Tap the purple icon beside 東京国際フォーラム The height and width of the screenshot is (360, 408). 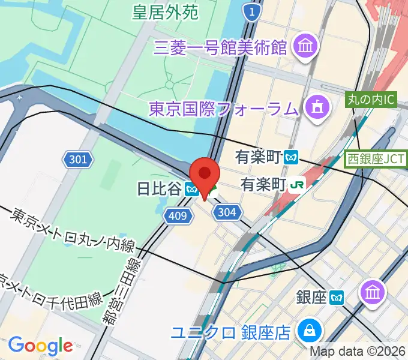click(x=315, y=108)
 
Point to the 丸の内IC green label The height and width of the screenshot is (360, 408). click(x=371, y=100)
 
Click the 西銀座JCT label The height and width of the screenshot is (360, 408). click(x=374, y=160)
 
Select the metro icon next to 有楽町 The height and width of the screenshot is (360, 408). click(x=292, y=157)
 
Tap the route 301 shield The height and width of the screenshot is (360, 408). click(x=78, y=160)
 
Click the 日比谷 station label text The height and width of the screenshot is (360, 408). click(x=159, y=189)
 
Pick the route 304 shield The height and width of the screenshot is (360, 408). click(x=228, y=211)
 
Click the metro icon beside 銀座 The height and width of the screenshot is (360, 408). click(x=338, y=296)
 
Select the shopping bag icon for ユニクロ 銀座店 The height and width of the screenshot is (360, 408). click(x=311, y=331)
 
